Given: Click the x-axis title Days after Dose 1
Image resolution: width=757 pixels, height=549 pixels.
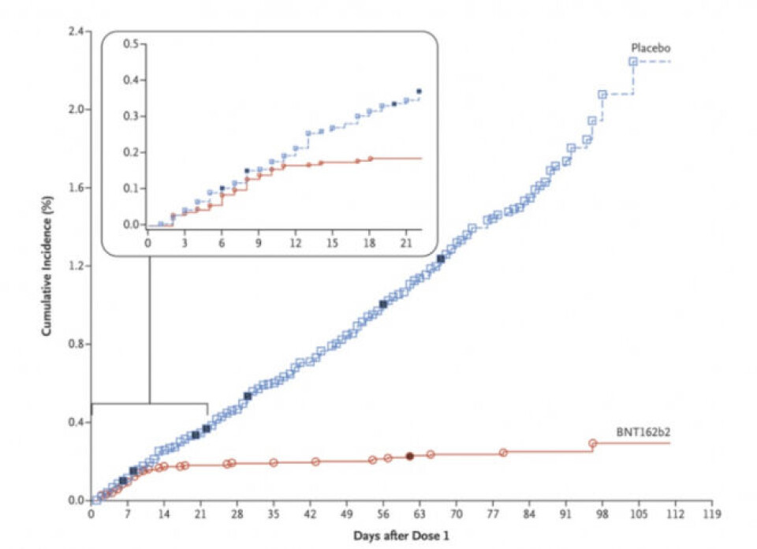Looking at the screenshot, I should click(402, 536).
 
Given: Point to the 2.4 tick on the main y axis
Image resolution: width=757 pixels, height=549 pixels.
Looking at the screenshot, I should click(76, 32).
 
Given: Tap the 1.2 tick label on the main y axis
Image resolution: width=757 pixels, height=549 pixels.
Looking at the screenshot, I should click(76, 266).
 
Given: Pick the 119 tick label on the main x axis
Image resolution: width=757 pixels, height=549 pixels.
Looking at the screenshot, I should click(711, 514).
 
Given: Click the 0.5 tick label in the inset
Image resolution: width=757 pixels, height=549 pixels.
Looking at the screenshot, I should click(131, 44).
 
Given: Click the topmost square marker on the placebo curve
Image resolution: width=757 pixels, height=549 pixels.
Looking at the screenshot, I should click(633, 62).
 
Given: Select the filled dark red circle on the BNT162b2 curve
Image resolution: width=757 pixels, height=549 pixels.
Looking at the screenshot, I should click(410, 456).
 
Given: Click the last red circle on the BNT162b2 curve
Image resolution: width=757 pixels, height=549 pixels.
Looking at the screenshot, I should click(593, 443).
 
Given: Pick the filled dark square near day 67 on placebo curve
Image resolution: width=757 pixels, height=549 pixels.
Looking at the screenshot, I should click(441, 259).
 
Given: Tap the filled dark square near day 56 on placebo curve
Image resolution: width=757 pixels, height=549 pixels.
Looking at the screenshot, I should click(383, 304).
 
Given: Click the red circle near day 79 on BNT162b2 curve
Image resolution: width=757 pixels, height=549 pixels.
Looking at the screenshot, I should click(503, 453).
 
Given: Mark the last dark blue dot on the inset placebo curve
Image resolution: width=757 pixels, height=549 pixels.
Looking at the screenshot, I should click(419, 91).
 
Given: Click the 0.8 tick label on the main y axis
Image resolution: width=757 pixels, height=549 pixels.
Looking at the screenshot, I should click(76, 344).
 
